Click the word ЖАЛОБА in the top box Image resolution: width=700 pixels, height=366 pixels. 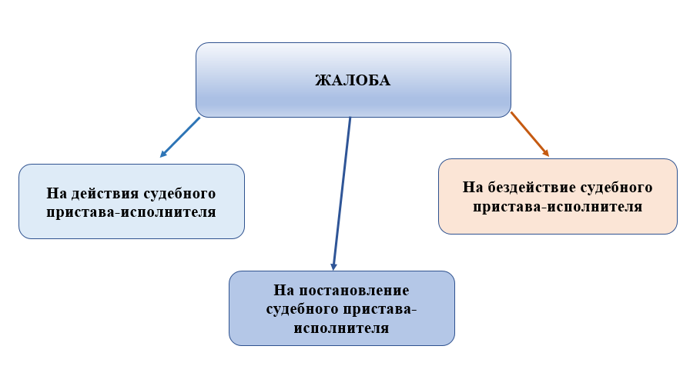click(353, 80)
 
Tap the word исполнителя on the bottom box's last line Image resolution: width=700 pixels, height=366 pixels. click(341, 328)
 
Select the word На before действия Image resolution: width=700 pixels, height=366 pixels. click(56, 193)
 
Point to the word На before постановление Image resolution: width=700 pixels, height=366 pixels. click(285, 291)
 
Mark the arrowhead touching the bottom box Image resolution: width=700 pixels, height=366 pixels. click(334, 265)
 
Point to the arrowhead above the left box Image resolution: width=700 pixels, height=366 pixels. click(164, 154)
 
